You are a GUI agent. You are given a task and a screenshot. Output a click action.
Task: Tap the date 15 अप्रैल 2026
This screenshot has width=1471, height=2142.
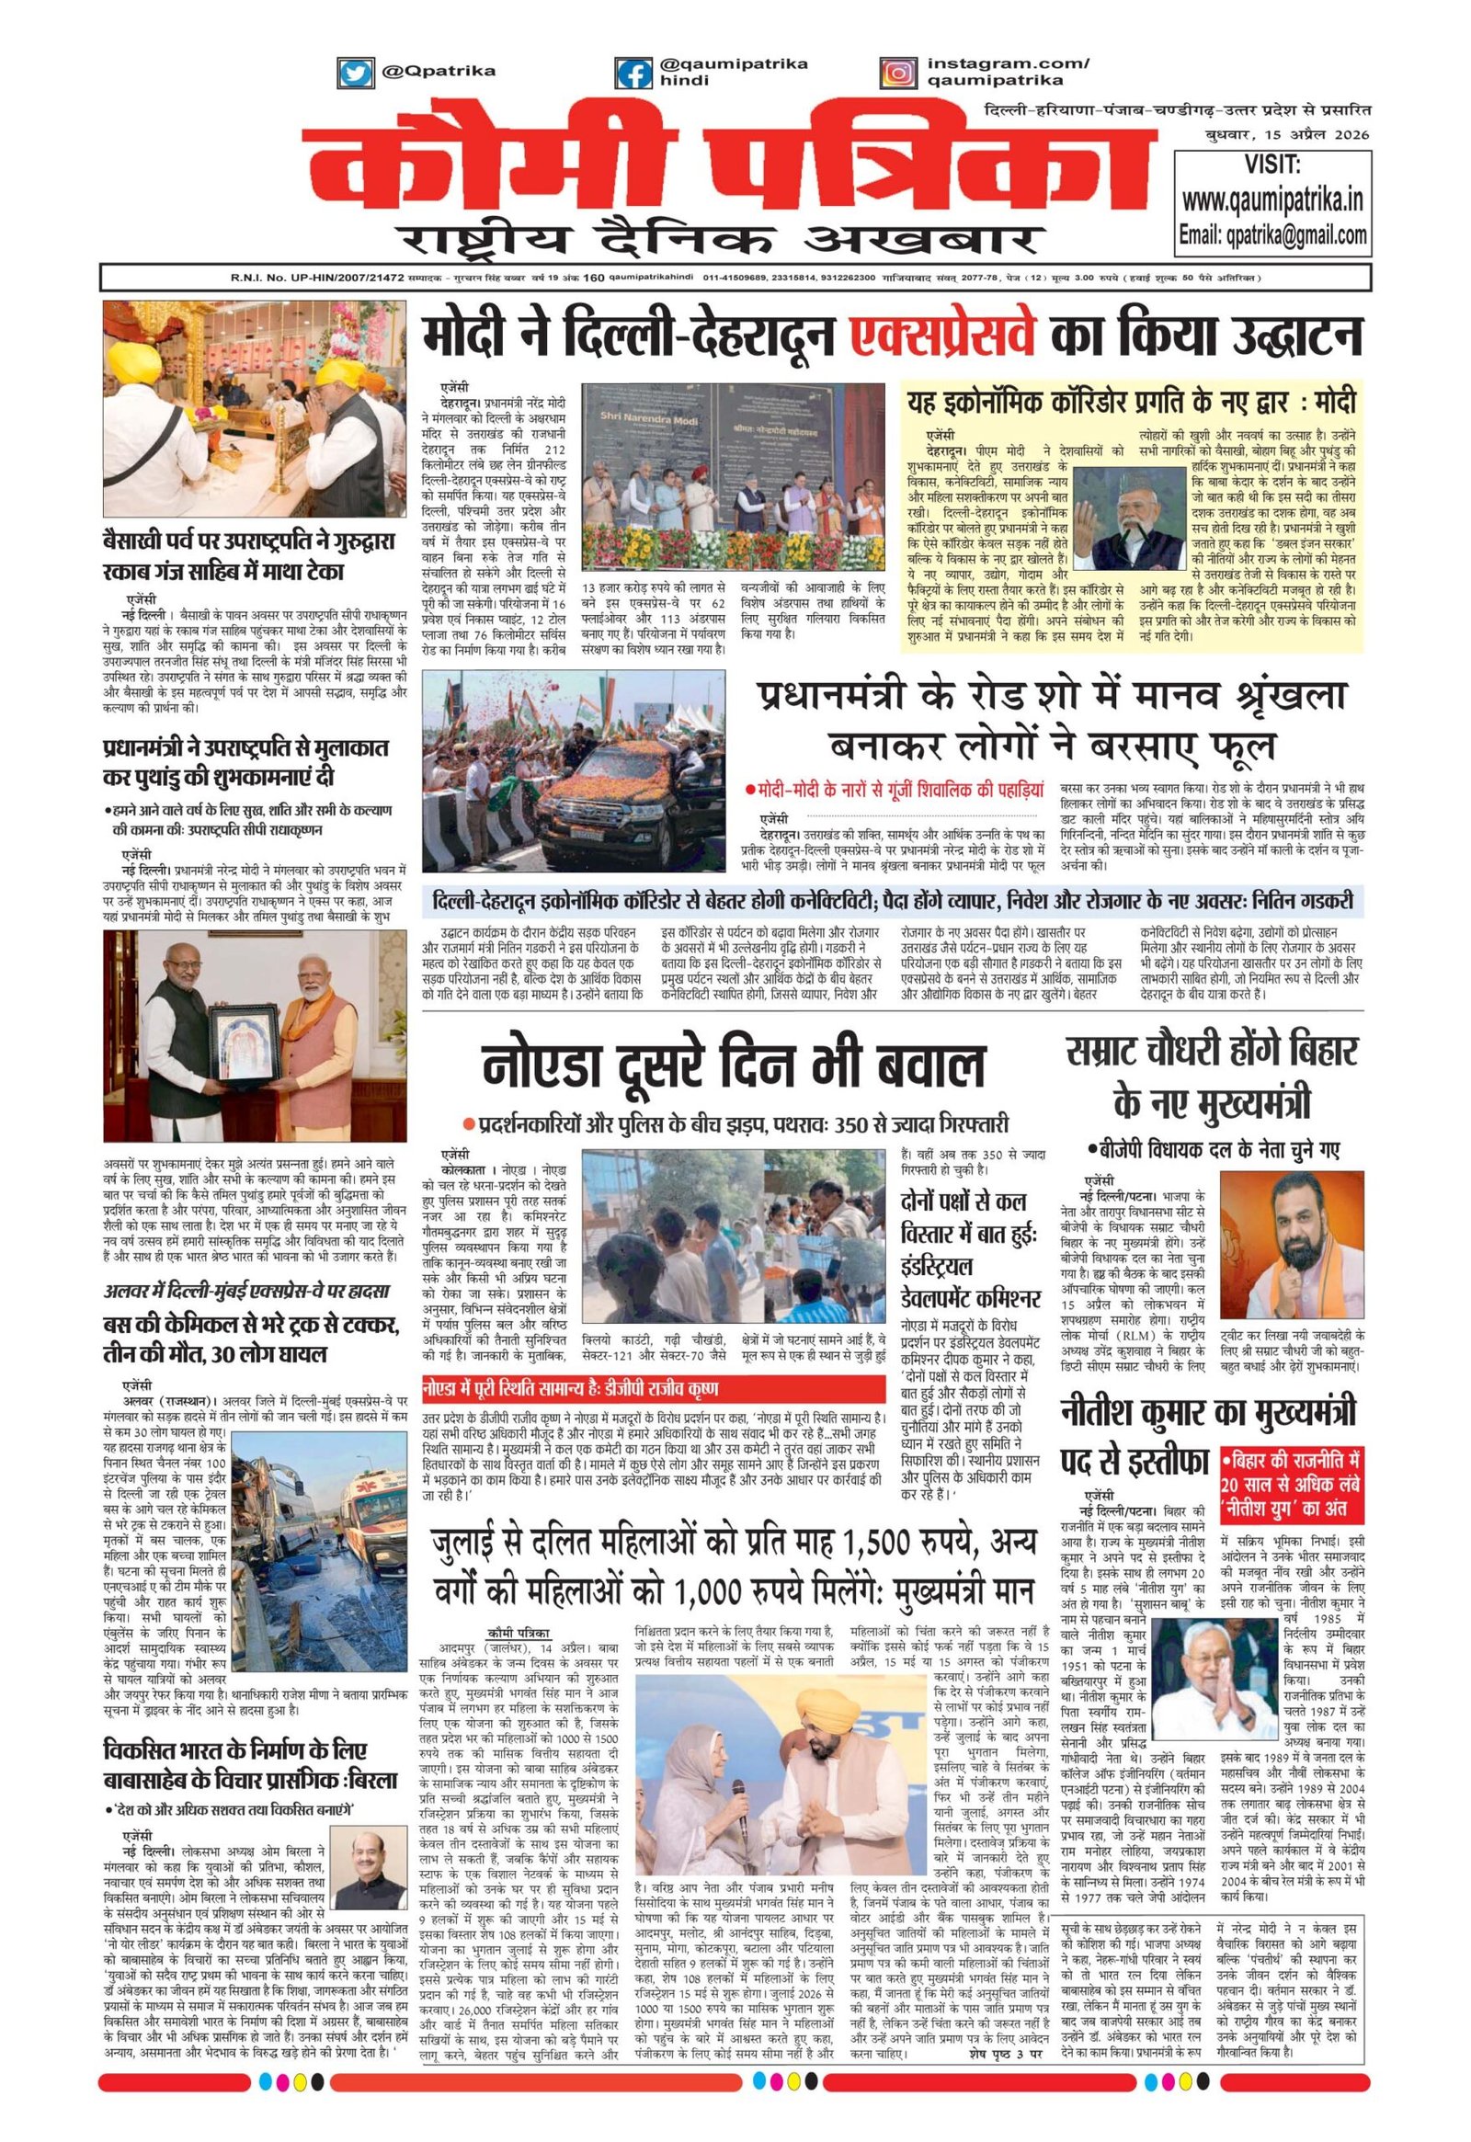point(1324,136)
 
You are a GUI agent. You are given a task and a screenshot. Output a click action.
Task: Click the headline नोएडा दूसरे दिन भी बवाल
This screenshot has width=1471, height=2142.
point(732,1066)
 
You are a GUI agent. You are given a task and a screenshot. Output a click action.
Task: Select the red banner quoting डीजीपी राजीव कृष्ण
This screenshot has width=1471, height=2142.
point(569,1388)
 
